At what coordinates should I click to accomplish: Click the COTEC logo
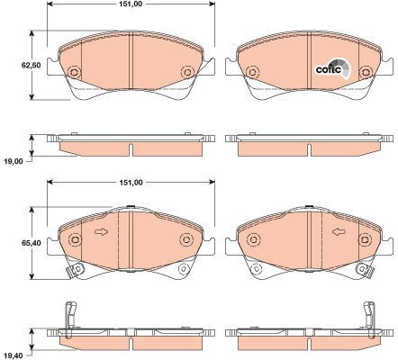click(x=333, y=68)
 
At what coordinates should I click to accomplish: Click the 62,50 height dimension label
click(x=31, y=65)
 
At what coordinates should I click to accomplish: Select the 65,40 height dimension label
click(x=31, y=243)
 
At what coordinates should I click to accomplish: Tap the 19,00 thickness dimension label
click(x=13, y=161)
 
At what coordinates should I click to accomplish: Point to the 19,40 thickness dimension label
click(x=13, y=355)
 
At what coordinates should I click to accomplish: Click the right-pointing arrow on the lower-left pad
click(x=101, y=232)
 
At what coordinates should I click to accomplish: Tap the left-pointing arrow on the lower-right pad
click(x=339, y=232)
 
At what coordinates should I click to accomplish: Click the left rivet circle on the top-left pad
click(x=74, y=72)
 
